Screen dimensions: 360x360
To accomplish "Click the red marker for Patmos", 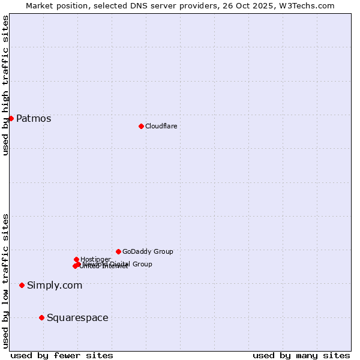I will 11,118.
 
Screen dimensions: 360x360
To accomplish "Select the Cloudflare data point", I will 141,126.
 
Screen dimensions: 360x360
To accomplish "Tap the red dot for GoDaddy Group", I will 118,251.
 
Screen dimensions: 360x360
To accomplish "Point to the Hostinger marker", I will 76,259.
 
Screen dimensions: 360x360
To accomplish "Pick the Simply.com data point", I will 22,285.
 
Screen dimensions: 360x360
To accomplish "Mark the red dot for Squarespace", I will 41,317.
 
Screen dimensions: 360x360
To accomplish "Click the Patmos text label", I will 34,118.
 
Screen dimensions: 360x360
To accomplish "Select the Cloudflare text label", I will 161,126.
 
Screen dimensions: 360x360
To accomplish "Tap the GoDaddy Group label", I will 148,251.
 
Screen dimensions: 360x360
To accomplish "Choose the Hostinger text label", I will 95,259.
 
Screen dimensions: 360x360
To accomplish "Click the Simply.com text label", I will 55,285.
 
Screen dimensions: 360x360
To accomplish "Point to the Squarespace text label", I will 77,317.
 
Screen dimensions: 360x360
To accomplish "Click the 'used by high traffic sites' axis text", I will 5,85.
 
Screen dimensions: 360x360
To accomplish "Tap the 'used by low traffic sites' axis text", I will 5,281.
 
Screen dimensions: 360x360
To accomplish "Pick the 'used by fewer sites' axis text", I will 62,355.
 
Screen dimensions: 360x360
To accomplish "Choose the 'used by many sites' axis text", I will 301,355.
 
